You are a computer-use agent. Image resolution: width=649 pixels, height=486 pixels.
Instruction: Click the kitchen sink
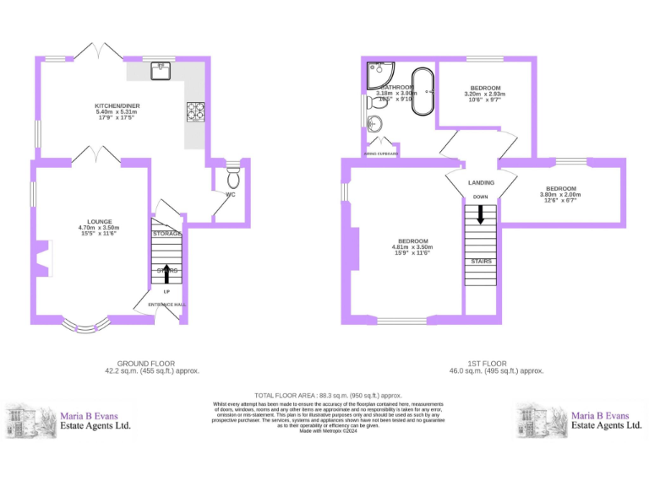pos(161,71)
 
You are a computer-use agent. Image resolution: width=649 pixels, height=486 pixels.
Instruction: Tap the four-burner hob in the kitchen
pos(194,111)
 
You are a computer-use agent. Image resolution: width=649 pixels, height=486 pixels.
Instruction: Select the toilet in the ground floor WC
pos(233,178)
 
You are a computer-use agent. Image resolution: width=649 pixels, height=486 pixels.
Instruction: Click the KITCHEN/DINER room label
pos(117,105)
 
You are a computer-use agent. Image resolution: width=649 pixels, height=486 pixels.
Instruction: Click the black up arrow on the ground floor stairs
pos(166,273)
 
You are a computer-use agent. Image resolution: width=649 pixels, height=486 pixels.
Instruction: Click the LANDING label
pos(481,182)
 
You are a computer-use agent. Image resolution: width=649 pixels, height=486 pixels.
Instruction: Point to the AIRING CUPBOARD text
pos(381,154)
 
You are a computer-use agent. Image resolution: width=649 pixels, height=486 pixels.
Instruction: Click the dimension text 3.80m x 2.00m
pos(560,195)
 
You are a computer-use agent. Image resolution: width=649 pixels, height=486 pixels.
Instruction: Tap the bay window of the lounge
pos(85,323)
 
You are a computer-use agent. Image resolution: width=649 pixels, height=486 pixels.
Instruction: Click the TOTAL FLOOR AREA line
pos(328,395)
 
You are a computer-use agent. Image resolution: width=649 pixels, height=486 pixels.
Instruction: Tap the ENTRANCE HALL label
pos(166,304)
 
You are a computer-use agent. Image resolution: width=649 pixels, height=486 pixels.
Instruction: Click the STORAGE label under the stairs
pos(166,233)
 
